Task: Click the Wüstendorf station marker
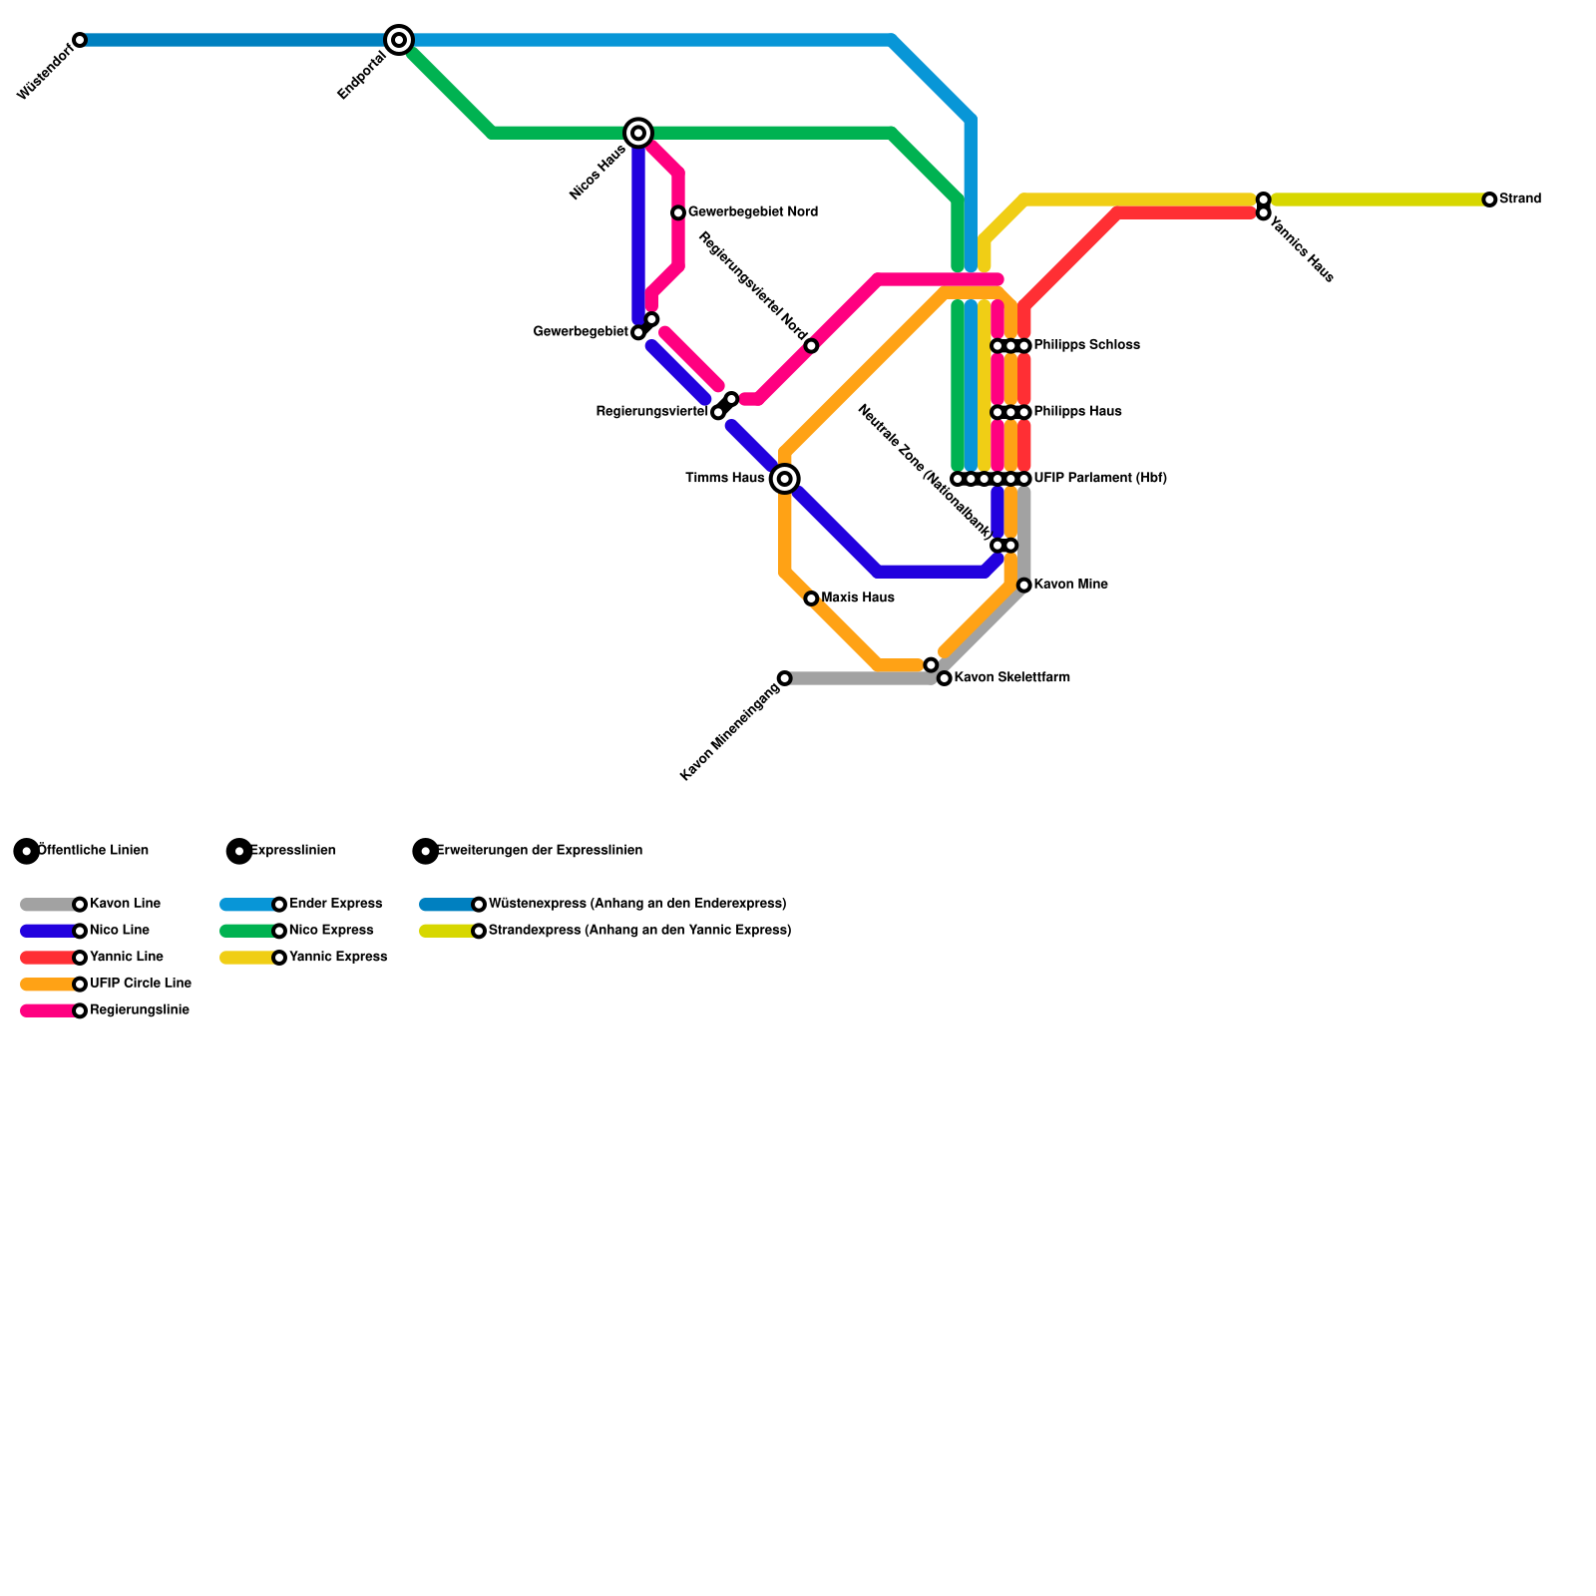point(80,40)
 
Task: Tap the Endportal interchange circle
point(399,40)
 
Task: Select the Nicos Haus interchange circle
point(638,133)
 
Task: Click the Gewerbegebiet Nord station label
point(752,212)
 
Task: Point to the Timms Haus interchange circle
point(785,479)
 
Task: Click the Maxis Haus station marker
point(811,598)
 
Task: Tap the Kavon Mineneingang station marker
point(785,678)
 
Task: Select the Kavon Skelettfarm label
point(1011,678)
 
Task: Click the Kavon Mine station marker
point(1024,586)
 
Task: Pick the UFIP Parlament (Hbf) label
point(1100,479)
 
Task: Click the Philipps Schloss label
point(1086,346)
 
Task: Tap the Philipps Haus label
point(1077,412)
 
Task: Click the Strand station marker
point(1489,199)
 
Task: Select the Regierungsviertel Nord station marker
point(811,346)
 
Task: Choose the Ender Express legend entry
point(335,904)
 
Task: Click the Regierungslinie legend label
point(139,1010)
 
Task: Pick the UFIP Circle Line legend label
point(140,984)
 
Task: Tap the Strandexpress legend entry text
point(639,931)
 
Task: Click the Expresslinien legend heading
point(292,851)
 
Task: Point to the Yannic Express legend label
point(337,958)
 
